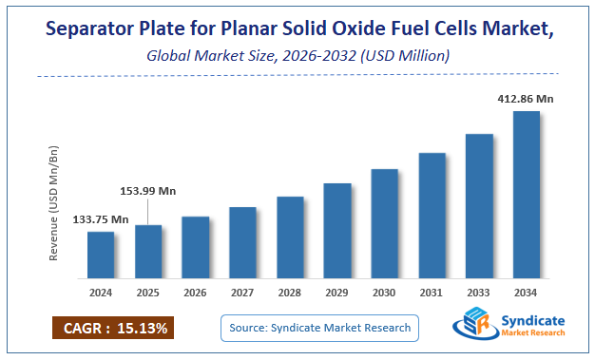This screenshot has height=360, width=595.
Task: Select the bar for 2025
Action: tap(148, 252)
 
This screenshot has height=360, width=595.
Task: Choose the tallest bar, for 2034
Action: tap(527, 195)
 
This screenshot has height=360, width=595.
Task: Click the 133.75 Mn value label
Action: tap(101, 219)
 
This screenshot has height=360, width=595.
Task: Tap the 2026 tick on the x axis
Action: tap(196, 292)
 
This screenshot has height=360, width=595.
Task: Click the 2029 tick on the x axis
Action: tap(337, 292)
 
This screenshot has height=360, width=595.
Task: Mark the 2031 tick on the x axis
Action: tap(432, 292)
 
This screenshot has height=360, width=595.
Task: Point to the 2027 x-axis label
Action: tap(243, 292)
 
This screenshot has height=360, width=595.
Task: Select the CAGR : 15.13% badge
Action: tap(113, 329)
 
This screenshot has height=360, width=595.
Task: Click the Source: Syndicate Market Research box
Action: tap(320, 328)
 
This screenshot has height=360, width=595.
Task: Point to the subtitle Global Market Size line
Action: tap(297, 57)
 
